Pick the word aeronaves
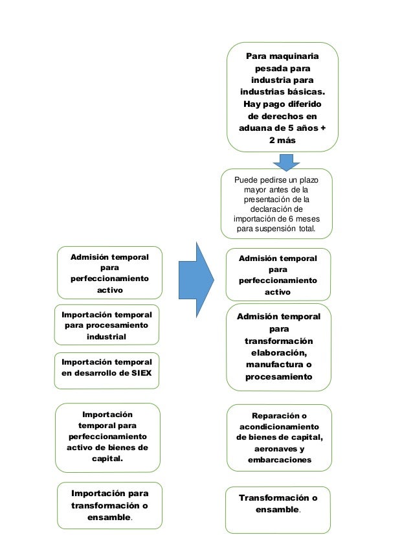280,448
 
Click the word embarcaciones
280,460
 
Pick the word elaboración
278,353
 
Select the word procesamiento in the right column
278,377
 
